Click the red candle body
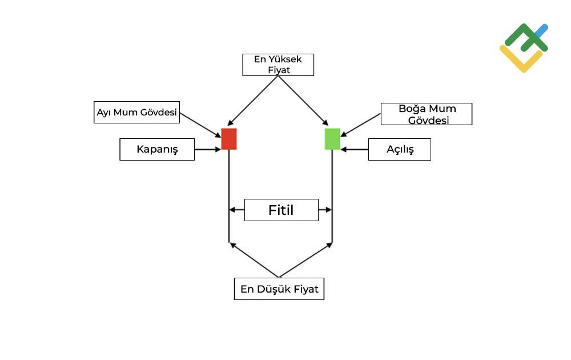click(229, 139)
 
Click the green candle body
click(332, 139)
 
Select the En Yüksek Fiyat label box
click(278, 65)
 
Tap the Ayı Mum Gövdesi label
click(136, 112)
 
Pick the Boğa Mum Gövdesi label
click(427, 114)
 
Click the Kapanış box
click(157, 149)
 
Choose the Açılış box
click(400, 149)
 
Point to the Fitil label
click(281, 210)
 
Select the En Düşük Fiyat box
click(279, 289)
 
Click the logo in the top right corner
click(524, 48)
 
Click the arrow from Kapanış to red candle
click(208, 149)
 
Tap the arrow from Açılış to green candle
click(355, 149)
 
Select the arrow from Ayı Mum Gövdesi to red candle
click(200, 125)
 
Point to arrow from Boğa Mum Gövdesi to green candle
click(360, 125)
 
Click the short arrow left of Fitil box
click(237, 210)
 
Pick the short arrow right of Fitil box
click(325, 210)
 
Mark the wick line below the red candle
click(229, 196)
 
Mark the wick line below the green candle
click(332, 196)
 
